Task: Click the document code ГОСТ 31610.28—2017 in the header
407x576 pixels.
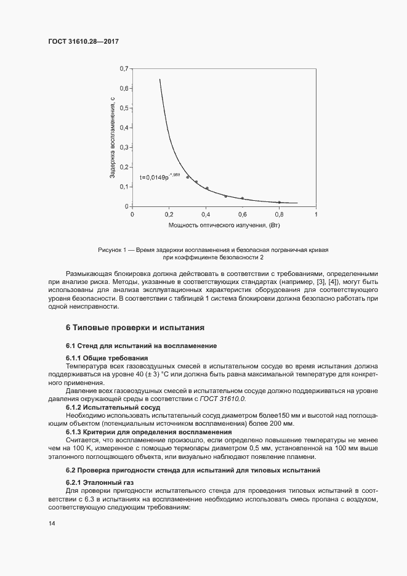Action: (x=83, y=41)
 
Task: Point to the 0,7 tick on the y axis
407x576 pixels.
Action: (x=124, y=68)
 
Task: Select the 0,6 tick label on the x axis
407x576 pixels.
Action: (x=243, y=214)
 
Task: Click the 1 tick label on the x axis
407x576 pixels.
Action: (x=316, y=214)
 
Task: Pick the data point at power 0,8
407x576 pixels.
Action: (x=279, y=202)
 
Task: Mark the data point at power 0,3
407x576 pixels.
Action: (x=188, y=177)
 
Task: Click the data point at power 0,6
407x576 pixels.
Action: (x=243, y=198)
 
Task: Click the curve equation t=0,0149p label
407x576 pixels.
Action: (x=159, y=177)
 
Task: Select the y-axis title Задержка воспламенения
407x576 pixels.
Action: (x=113, y=137)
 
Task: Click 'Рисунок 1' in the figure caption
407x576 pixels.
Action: (x=111, y=250)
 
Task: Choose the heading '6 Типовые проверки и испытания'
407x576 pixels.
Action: (x=134, y=327)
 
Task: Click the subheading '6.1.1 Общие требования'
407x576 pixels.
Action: (x=107, y=358)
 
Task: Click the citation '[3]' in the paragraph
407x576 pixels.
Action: (x=320, y=289)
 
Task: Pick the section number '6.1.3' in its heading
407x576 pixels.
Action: (x=75, y=432)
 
